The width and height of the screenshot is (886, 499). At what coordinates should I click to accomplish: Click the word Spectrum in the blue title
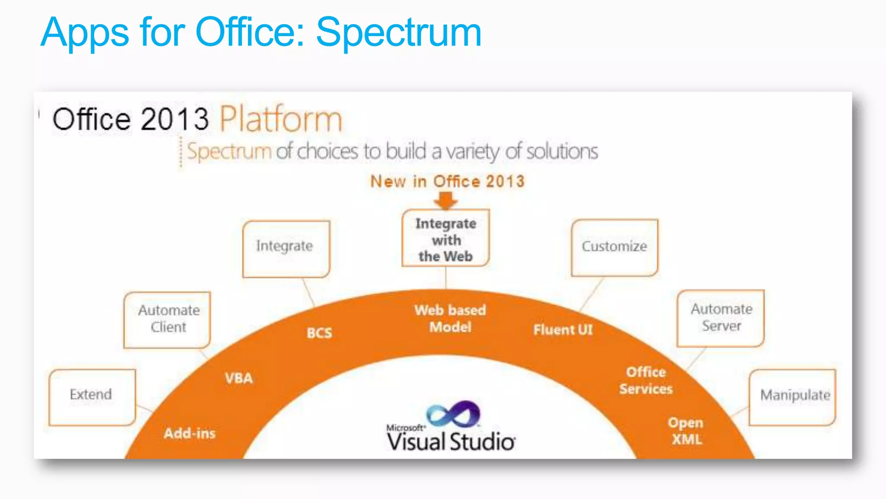398,32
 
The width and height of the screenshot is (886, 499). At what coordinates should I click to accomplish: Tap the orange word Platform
281,119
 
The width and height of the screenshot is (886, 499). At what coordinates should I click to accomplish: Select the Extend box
92,397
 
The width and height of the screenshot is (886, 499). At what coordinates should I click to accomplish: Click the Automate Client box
167,320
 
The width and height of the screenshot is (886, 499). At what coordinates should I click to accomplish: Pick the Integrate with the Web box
446,239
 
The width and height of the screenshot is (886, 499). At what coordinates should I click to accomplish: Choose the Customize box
614,247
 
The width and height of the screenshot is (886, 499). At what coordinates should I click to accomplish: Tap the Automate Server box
721,318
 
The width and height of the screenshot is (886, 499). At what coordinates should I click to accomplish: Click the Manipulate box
793,397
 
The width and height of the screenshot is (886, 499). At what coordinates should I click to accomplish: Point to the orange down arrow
446,201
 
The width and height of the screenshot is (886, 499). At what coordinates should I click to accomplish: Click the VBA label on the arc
239,378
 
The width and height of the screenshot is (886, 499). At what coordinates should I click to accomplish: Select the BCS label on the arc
319,333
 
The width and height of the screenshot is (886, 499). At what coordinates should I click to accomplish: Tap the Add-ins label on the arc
189,433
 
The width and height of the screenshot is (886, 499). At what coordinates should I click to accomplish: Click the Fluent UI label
563,330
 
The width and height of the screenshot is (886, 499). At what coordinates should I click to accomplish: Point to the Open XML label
686,431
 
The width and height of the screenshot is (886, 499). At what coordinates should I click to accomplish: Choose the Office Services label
646,380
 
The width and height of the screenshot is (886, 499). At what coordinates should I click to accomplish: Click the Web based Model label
450,318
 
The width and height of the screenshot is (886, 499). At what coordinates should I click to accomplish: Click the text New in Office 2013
447,181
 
